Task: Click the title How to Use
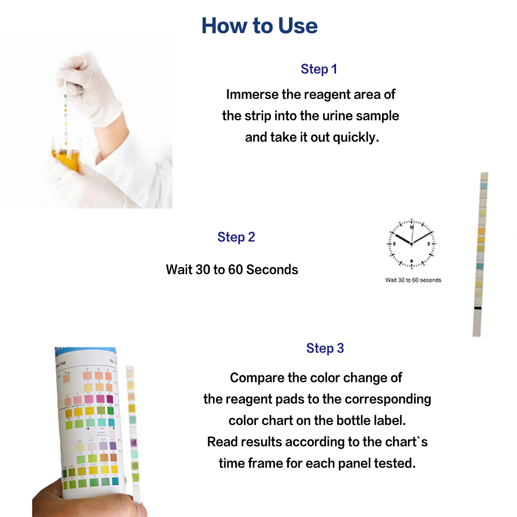tap(260, 25)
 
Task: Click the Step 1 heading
tap(318, 69)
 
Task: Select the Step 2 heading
tap(236, 237)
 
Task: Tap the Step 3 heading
tap(325, 348)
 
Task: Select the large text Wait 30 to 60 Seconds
tap(232, 269)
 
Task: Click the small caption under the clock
tap(413, 280)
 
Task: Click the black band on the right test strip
tap(478, 308)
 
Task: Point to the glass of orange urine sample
tap(66, 158)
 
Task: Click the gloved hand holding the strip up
tap(93, 83)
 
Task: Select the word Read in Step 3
tap(222, 442)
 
